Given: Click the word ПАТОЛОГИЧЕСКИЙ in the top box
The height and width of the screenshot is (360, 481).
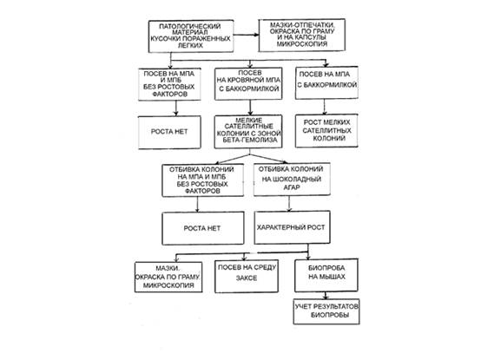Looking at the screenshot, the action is coord(190,26).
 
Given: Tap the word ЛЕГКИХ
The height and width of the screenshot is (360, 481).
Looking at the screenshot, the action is coord(190,45).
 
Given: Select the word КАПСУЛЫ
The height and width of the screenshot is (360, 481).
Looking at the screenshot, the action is coord(310,37).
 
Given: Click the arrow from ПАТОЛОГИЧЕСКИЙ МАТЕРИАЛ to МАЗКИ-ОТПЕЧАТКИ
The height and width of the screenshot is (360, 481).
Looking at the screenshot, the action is coord(246,35).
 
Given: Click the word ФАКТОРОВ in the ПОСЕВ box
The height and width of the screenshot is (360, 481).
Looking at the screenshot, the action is coord(169,94).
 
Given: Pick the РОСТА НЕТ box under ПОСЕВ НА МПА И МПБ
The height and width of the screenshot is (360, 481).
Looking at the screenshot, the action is coord(169,133).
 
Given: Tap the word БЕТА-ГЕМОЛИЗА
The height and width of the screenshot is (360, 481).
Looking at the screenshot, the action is coord(250,140).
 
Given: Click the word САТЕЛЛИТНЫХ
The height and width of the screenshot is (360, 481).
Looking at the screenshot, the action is coord(326,130).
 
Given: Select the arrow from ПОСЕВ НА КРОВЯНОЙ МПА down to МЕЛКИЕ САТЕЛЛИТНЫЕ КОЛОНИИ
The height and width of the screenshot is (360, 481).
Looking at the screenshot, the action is coord(250,108).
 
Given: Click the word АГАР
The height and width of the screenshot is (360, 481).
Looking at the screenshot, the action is coord(291,187).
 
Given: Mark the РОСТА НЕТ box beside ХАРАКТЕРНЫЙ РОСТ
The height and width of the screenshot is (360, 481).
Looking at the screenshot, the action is coord(203,228).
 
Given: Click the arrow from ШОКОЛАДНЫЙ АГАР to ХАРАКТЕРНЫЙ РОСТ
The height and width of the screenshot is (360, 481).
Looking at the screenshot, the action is coord(289,204).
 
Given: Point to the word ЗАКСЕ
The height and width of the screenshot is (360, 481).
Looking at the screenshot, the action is coord(247,278).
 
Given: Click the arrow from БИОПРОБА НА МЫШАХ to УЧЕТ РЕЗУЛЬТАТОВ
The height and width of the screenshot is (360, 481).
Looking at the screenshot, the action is coord(326,295).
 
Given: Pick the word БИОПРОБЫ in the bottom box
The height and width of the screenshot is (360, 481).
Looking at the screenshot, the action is coord(330,315).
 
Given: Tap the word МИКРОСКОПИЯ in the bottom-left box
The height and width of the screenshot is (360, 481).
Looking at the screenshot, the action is coord(168,285).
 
